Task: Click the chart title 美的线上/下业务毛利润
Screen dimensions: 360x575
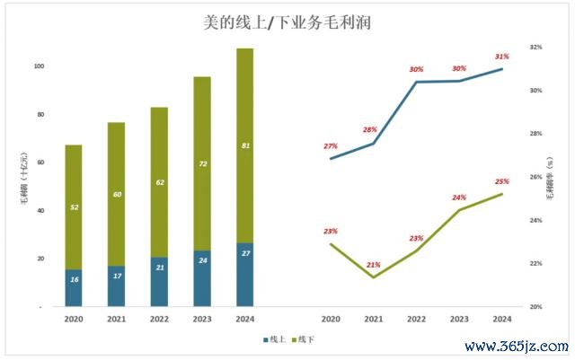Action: point(287,22)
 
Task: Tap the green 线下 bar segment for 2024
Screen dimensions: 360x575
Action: point(244,145)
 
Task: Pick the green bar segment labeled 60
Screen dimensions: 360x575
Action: point(116,194)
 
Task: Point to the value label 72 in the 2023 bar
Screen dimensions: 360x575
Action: point(202,164)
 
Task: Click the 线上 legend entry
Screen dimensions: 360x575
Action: point(274,339)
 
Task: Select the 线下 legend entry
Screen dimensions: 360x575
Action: point(304,339)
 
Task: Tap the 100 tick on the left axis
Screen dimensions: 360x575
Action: point(39,66)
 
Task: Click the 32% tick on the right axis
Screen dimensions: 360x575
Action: point(535,47)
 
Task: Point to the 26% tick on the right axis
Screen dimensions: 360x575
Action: point(535,177)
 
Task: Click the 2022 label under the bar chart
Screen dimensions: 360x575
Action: point(159,319)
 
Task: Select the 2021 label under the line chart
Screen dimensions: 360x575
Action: point(373,319)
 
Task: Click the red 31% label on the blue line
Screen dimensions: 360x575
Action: point(501,57)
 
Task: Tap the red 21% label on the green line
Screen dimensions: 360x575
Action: point(373,265)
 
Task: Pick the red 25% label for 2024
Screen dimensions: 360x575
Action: point(501,181)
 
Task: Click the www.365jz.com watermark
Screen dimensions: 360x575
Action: point(515,347)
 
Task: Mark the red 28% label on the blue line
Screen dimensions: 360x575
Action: point(370,130)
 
